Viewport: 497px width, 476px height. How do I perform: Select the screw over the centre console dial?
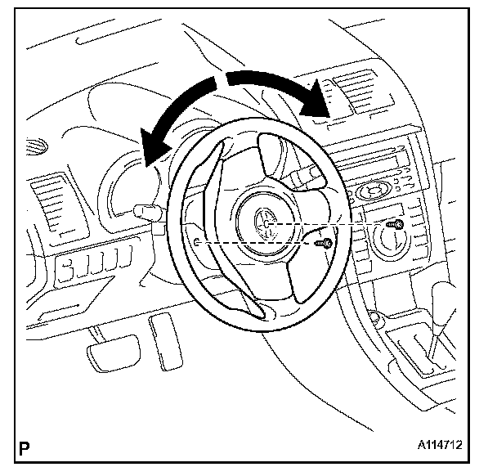click(398, 222)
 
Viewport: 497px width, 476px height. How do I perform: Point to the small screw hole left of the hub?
click(199, 242)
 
